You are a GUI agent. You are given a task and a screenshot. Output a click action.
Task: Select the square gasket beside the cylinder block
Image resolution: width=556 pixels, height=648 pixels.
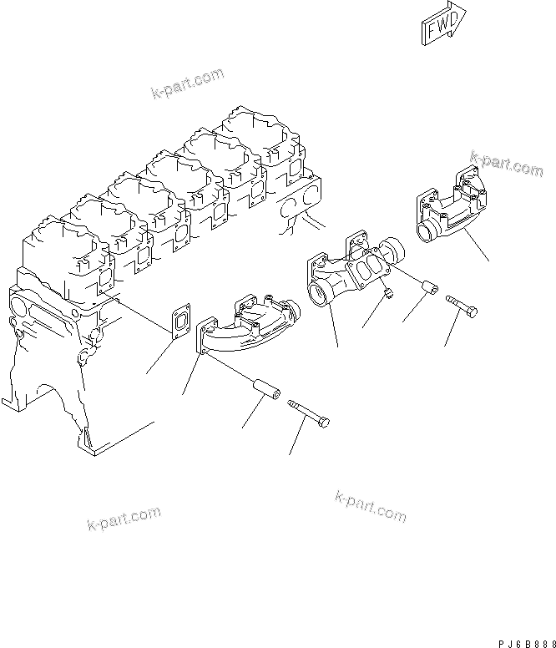click(x=181, y=320)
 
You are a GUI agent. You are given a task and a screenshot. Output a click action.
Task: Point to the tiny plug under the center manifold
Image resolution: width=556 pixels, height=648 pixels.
click(x=387, y=291)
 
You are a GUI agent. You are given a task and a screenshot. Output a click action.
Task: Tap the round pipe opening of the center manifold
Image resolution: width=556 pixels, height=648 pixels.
click(x=318, y=295)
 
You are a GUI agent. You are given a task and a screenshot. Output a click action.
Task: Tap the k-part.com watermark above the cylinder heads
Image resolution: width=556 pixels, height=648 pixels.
click(x=188, y=84)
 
